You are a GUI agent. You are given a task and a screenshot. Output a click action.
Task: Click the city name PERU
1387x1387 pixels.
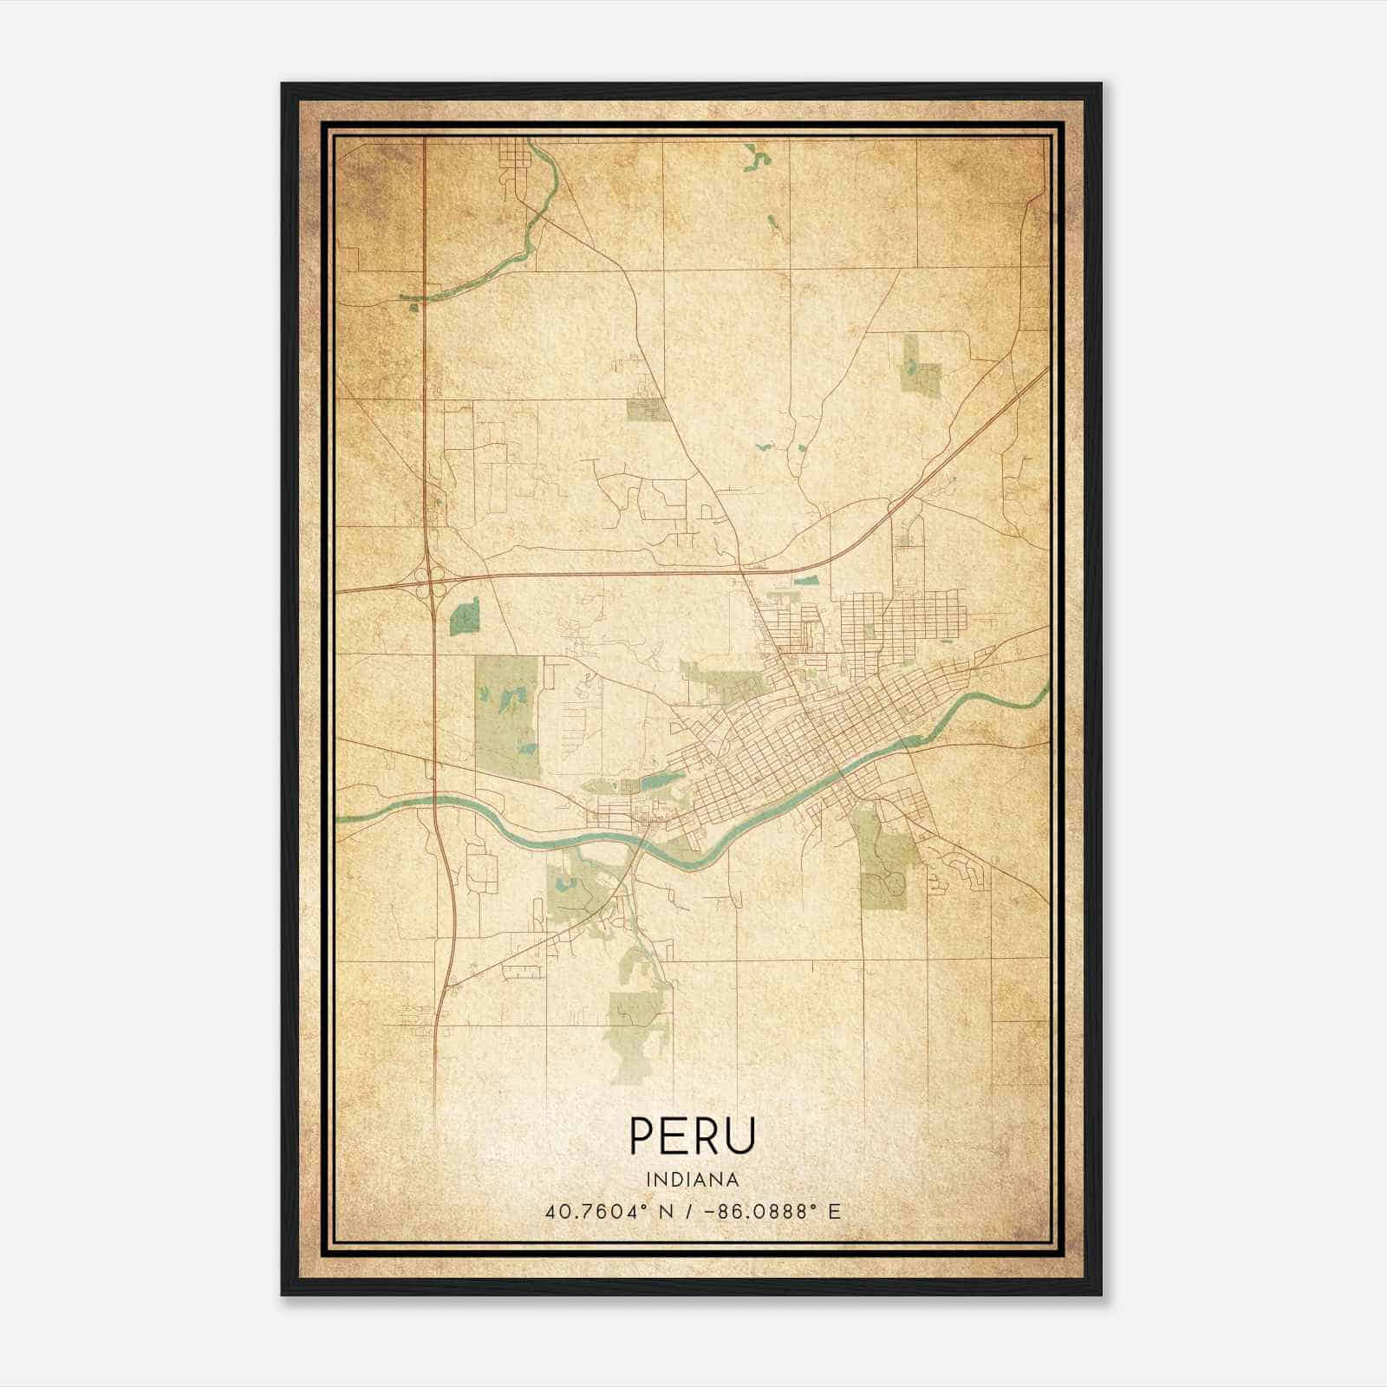[693, 1135]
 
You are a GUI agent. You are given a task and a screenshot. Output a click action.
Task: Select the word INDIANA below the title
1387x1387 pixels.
[693, 1180]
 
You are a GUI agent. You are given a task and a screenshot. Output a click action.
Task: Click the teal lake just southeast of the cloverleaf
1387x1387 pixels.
[465, 616]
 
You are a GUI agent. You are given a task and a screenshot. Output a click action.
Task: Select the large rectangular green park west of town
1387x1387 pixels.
[508, 716]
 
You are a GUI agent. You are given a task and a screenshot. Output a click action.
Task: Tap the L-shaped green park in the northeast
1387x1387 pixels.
[920, 368]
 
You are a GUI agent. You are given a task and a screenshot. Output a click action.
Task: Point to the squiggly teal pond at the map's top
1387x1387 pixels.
[758, 158]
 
